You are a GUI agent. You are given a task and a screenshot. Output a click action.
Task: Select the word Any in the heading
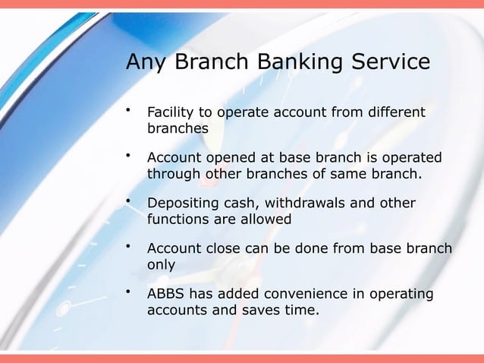pos(147,61)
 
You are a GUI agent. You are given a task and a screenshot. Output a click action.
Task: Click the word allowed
pos(265,219)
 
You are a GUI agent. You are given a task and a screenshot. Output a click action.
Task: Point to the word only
pos(161,265)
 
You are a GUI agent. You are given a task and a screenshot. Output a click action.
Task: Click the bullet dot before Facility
pos(130,111)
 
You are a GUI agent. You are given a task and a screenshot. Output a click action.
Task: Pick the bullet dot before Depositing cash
pos(130,201)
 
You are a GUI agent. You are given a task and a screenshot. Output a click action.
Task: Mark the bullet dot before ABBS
pos(130,292)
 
